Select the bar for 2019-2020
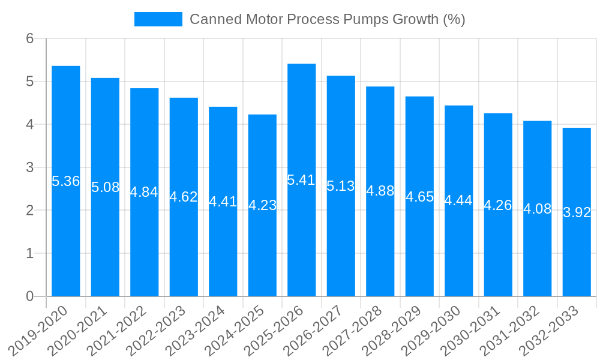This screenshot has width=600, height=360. (x=66, y=240)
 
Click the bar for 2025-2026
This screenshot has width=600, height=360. (x=302, y=240)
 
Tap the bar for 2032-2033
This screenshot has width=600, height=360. (x=577, y=252)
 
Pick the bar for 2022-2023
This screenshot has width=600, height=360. (x=184, y=246)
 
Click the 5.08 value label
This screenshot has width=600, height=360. (x=106, y=187)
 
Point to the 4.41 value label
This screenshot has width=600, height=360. (x=223, y=202)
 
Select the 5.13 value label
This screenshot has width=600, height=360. (x=341, y=186)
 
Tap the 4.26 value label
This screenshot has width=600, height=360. (x=498, y=205)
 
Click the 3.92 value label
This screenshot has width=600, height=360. (x=577, y=212)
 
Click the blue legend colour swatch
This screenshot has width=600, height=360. (x=158, y=19)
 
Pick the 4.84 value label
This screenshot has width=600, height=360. (x=145, y=192)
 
